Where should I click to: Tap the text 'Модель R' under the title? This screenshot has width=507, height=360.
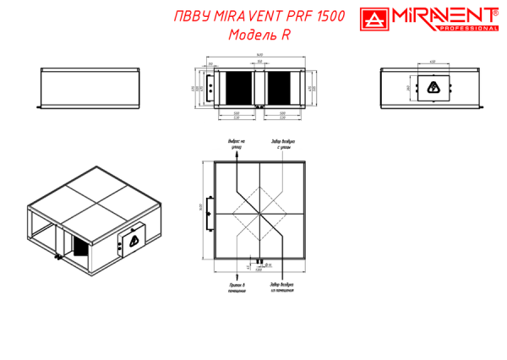[259, 35]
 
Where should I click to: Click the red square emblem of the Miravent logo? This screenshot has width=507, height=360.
[373, 20]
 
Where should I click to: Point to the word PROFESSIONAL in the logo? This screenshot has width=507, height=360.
[467, 29]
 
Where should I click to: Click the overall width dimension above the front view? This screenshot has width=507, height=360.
[261, 56]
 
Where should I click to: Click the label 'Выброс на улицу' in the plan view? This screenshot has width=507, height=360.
[237, 143]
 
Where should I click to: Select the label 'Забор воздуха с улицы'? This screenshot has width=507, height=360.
[282, 143]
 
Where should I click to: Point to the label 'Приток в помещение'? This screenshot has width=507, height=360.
[237, 288]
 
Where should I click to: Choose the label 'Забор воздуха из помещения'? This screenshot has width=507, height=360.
[282, 288]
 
